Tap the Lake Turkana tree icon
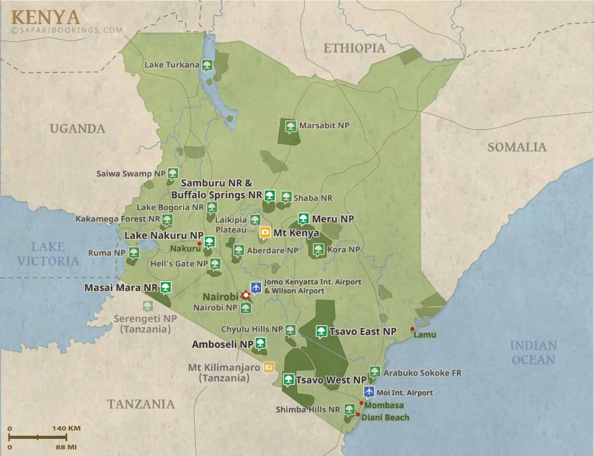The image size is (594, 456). point(206,64)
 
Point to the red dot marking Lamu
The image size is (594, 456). point(412,329)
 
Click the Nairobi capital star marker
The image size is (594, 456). point(246,295)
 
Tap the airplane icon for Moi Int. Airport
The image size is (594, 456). point(369,392)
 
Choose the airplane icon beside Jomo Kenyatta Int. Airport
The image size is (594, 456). point(256,286)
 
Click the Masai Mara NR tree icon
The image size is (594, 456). point(166,287)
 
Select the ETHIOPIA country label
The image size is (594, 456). point(354,48)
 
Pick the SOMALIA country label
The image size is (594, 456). point(516,147)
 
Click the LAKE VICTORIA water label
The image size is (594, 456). point(48,254)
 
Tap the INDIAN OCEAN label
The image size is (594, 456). point(533,352)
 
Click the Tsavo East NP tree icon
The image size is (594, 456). point(321,331)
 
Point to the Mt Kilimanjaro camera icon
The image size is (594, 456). point(269,368)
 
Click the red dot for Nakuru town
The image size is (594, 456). point(199,244)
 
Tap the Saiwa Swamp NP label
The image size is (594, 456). point(131,174)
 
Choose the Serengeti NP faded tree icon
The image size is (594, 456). point(147,306)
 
